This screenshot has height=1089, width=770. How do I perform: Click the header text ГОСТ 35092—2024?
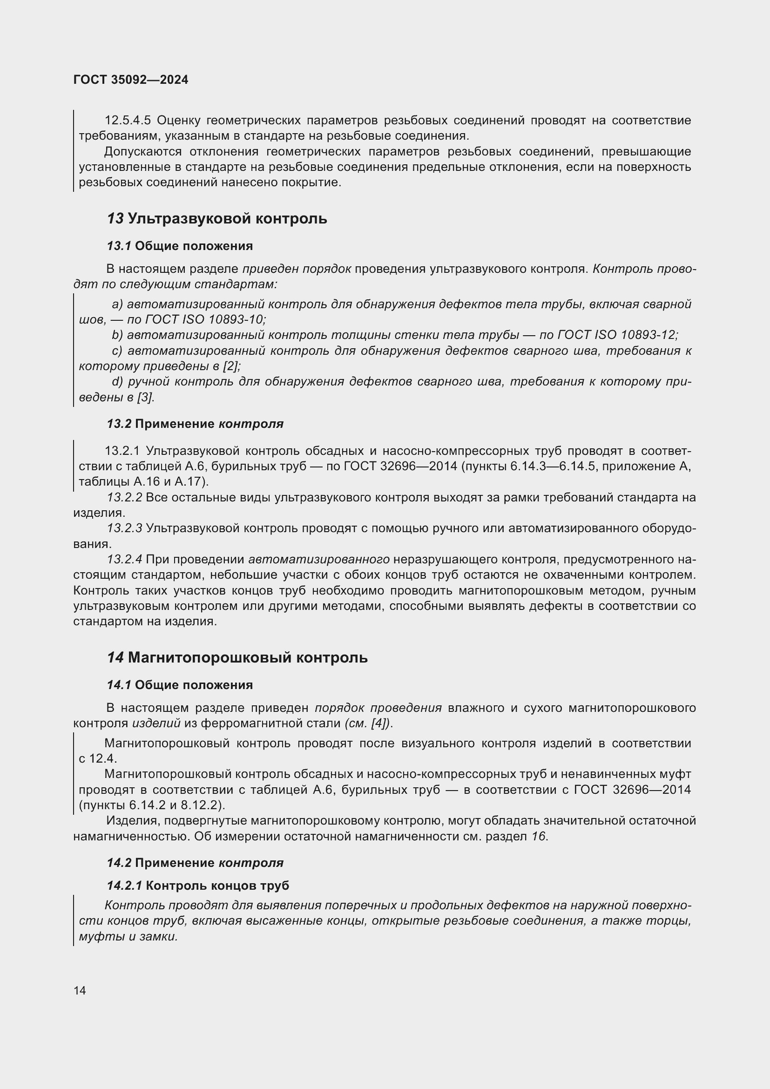coord(131,80)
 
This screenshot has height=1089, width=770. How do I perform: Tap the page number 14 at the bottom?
coord(80,990)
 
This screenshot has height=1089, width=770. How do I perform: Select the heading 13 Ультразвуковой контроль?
coord(216,219)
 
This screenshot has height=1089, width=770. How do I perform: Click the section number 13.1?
coord(119,246)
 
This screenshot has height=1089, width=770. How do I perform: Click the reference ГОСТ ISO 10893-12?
coord(616,335)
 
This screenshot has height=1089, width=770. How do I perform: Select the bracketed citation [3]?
coord(145,398)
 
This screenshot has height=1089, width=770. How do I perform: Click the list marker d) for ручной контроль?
coord(117,382)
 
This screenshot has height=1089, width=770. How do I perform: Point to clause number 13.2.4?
coord(124,560)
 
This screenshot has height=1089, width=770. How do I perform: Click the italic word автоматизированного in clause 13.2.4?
coord(318,560)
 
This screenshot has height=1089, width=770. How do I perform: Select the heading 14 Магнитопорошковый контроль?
coord(237,658)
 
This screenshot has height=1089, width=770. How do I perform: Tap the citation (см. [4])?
coord(368,724)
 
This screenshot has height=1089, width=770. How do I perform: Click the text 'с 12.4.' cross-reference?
coord(97,758)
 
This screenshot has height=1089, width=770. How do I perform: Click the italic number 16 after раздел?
coord(539,836)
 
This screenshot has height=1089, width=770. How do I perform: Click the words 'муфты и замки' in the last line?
coord(128,937)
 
